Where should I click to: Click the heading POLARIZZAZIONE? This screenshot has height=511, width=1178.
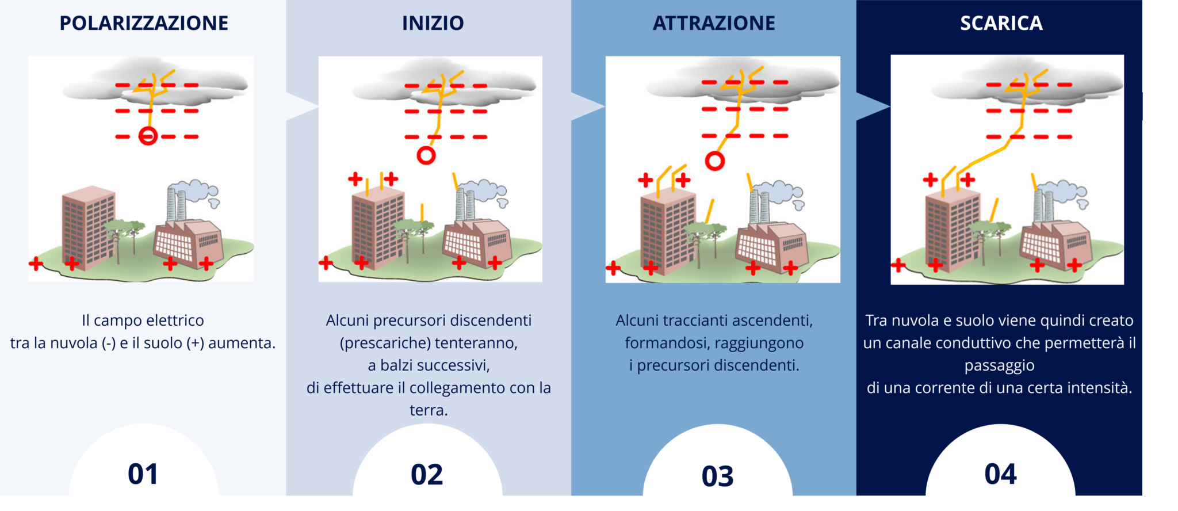(x=144, y=23)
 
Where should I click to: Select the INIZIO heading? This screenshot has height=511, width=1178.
(x=433, y=23)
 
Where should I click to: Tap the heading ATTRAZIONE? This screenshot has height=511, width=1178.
(x=714, y=23)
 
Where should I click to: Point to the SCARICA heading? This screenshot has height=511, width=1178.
(x=1001, y=23)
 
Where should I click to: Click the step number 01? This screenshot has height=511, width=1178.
(x=143, y=474)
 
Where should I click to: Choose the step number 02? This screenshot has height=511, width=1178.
(x=427, y=475)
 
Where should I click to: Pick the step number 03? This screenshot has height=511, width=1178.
(x=717, y=476)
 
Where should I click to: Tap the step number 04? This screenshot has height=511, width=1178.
(x=1000, y=474)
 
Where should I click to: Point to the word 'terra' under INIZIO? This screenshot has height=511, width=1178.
(x=429, y=411)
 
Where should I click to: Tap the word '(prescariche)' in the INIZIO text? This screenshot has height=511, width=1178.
(x=384, y=344)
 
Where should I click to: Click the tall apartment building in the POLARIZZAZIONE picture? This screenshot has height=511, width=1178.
(x=88, y=227)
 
